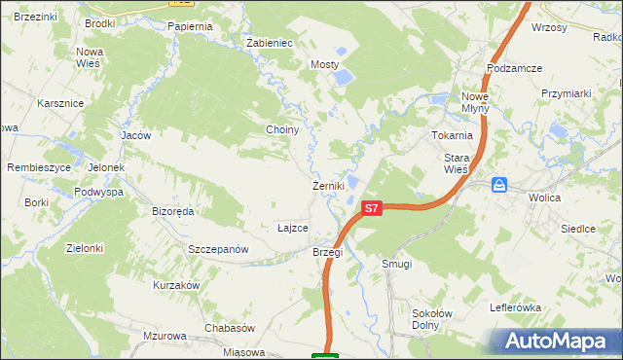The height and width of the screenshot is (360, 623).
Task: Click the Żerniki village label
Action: pyautogui.click(x=325, y=186)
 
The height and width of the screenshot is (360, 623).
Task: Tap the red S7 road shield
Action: pyautogui.click(x=371, y=208)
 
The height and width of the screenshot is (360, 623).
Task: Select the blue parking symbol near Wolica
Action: pyautogui.click(x=499, y=185)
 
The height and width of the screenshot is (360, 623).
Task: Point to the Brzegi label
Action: pyautogui.click(x=328, y=252)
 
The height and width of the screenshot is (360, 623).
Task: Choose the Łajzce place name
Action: pyautogui.click(x=293, y=228)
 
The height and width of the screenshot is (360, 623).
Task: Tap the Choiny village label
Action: pyautogui.click(x=282, y=129)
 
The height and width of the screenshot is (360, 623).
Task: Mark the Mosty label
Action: pyautogui.click(x=325, y=64)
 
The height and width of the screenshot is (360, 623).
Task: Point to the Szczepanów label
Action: pyautogui.click(x=221, y=249)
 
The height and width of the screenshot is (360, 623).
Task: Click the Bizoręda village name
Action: pyautogui.click(x=173, y=210)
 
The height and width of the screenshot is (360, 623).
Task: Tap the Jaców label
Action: pyautogui.click(x=135, y=135)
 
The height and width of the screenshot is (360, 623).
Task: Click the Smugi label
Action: pyautogui.click(x=397, y=264)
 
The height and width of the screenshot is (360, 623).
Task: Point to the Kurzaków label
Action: pyautogui.click(x=176, y=285)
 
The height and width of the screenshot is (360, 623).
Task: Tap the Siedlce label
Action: pyautogui.click(x=578, y=229)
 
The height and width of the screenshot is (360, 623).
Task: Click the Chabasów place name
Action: pyautogui.click(x=229, y=328)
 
